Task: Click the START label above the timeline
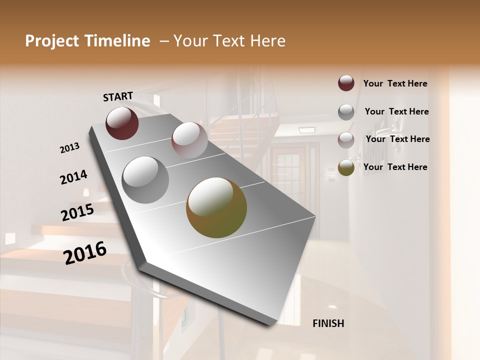[118, 96]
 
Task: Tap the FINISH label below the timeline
[328, 323]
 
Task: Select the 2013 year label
[70, 148]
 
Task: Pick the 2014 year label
[73, 177]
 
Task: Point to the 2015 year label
[77, 212]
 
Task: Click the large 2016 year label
[85, 252]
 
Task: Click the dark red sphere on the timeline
[122, 123]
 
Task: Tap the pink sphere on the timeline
[189, 139]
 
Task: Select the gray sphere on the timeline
[145, 179]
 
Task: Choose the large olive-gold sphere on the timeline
[216, 207]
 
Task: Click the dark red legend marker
[346, 83]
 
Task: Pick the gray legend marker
[346, 111]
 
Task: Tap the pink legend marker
[346, 139]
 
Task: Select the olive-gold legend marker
[346, 167]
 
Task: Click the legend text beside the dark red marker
[395, 83]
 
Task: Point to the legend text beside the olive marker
[395, 167]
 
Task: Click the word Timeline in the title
[117, 41]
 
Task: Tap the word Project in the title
[52, 41]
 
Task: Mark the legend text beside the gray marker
[396, 111]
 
